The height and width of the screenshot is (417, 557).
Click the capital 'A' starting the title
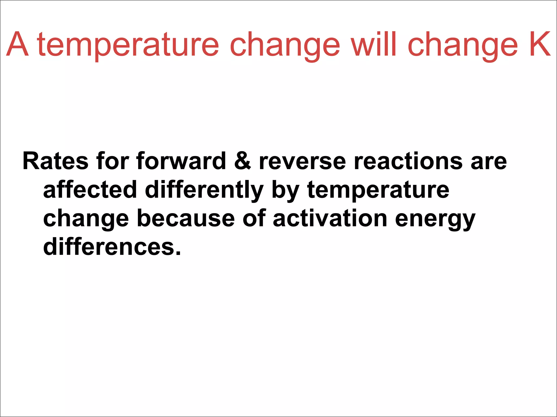point(17,44)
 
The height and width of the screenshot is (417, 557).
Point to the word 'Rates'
point(55,161)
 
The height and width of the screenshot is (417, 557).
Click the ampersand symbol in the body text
point(242,161)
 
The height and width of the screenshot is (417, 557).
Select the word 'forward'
point(181,161)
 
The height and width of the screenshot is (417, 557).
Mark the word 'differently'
point(204,190)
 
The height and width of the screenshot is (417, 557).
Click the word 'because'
point(186,218)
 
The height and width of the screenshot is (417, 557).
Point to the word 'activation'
point(330,218)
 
